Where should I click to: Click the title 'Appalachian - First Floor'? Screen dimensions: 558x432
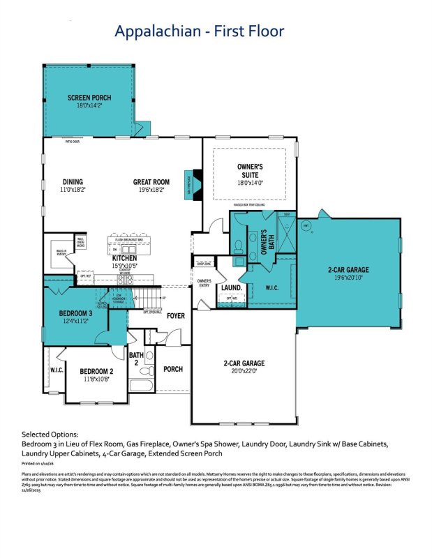point(199,31)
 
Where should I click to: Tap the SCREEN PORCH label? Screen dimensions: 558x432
point(89,98)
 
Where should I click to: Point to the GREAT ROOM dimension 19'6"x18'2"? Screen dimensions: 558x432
point(151,190)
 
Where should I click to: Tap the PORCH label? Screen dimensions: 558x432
point(172,369)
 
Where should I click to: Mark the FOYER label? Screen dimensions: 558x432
point(176,316)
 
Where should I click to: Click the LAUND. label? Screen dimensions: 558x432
point(231,287)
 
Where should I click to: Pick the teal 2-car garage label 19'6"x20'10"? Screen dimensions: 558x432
point(348,277)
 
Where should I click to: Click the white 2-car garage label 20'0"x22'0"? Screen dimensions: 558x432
point(244,372)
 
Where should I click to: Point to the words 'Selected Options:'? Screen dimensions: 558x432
point(50,434)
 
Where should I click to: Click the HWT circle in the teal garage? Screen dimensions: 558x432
point(304,225)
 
